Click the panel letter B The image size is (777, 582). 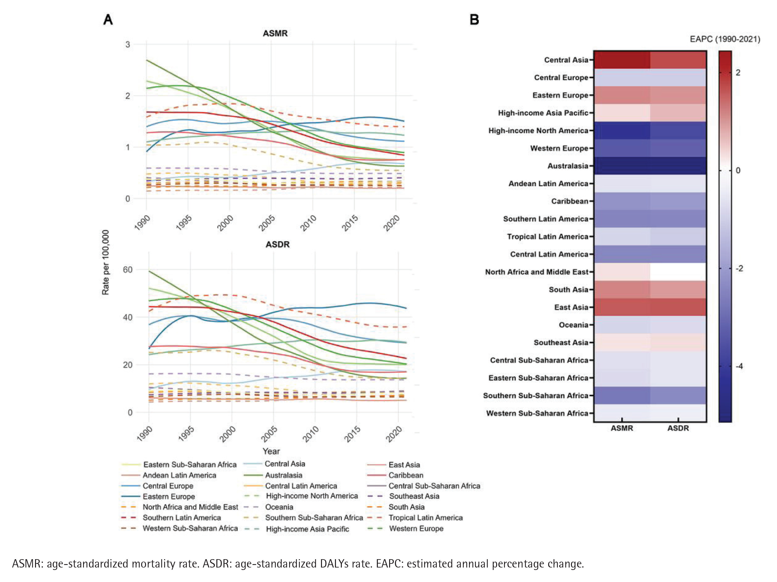click(x=474, y=20)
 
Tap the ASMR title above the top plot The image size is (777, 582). click(x=275, y=33)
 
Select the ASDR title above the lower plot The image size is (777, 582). click(x=277, y=244)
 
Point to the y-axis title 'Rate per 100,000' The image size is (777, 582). click(x=105, y=262)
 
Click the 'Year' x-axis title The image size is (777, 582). click(x=271, y=451)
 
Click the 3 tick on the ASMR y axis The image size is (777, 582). click(x=127, y=45)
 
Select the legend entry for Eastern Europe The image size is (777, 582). click(x=169, y=497)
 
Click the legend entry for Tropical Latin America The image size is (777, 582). click(x=425, y=518)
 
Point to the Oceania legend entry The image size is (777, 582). click(x=279, y=507)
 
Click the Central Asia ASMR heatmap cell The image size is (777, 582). click(x=622, y=60)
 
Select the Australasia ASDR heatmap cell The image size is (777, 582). click(x=678, y=166)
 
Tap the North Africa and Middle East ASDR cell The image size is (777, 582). click(x=678, y=272)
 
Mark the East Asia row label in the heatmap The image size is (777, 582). click(x=571, y=307)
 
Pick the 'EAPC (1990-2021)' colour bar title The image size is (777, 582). click(x=725, y=39)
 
